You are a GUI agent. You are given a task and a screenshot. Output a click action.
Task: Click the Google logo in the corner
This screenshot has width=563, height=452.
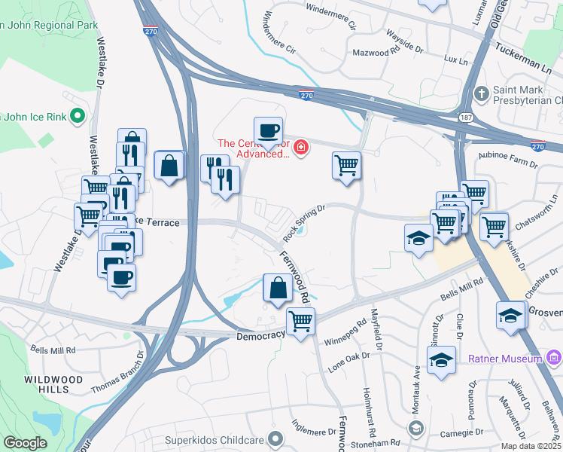(26, 443)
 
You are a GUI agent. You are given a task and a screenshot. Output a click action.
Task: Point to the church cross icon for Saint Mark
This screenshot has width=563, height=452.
(481, 94)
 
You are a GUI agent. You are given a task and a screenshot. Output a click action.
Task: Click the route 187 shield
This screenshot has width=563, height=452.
(467, 118)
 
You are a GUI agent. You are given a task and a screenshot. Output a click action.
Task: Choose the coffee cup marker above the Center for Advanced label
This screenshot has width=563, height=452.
(268, 130)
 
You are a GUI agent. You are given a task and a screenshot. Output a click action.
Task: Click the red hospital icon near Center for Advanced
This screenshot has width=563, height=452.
(301, 145)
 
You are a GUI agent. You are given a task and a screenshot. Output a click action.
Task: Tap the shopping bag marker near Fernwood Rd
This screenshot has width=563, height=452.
(278, 288)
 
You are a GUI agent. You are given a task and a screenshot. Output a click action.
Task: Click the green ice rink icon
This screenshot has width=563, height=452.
(76, 115)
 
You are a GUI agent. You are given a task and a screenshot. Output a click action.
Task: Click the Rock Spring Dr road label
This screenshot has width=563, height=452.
(304, 224)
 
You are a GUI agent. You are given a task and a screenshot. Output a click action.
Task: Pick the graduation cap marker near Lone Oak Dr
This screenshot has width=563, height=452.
(442, 359)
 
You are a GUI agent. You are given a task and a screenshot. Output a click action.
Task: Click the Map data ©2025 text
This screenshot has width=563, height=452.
(531, 445)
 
